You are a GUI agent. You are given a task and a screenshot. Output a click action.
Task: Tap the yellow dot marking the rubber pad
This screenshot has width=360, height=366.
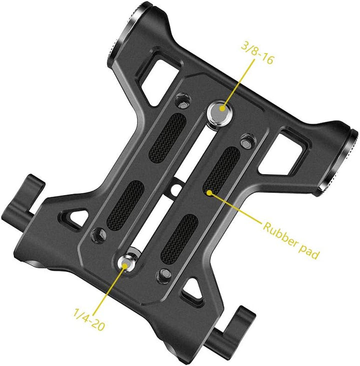tap(209, 193)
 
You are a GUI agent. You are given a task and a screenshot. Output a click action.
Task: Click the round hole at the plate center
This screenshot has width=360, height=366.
tap(175, 190)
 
